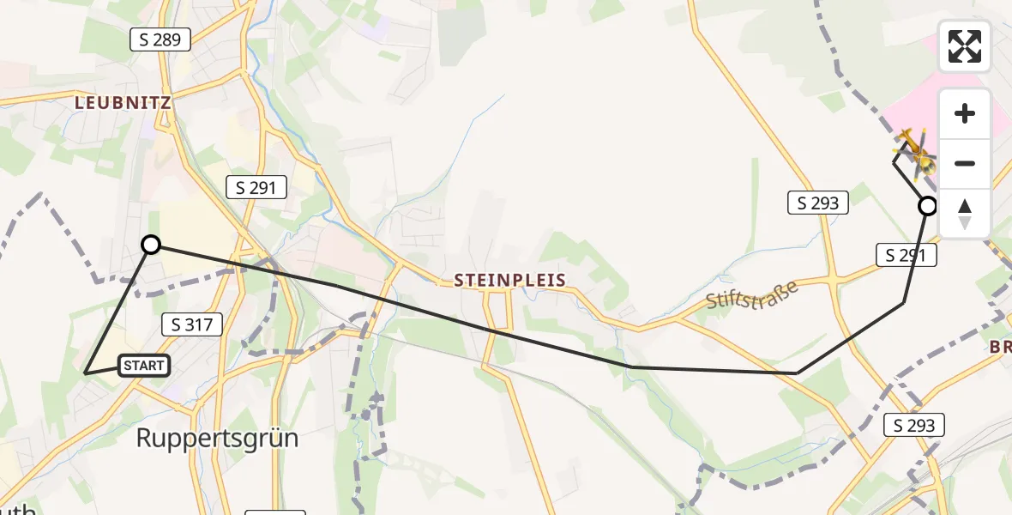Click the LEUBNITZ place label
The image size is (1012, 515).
(123, 102)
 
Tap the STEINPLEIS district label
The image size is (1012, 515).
(509, 280)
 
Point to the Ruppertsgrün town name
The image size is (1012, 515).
(218, 439)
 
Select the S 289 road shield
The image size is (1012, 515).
(160, 39)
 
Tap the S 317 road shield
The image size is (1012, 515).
(192, 324)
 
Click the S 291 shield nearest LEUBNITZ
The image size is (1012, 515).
(256, 186)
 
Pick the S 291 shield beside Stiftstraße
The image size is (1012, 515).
(907, 254)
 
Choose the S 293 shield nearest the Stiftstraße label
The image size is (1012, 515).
(817, 203)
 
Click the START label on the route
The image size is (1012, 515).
(143, 366)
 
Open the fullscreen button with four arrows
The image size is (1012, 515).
(965, 46)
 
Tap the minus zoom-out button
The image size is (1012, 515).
(965, 163)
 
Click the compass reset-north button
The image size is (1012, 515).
(965, 213)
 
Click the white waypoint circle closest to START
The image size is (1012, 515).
(151, 245)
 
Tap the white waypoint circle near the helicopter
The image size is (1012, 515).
(927, 206)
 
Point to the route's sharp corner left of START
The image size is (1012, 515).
(86, 373)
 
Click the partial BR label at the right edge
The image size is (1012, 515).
(1000, 348)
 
